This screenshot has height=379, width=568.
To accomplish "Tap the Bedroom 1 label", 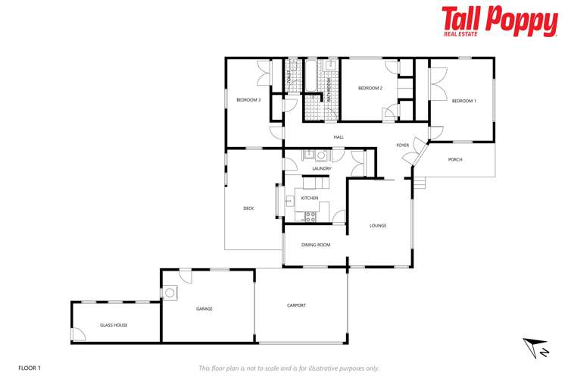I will pos(463,101).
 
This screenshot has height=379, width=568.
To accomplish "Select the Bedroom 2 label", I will pos(370,88).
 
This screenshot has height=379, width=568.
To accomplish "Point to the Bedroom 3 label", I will pos(248,100).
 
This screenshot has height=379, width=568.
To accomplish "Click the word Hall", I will pos(339,137).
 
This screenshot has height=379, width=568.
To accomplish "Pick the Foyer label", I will pos(402,145).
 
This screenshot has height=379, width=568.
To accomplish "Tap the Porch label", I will pos(455,159).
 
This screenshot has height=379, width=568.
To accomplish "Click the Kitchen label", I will pos(310,198).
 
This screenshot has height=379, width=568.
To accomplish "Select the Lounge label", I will pos(378,225).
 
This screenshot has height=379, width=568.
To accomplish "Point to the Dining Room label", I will pos(316,245).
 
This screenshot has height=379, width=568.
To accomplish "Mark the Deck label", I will pos(248,208).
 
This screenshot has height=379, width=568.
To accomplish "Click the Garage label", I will pos(204,309).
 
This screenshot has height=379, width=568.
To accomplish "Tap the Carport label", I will pos(296,305).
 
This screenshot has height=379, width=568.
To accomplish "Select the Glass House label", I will pos(114,324).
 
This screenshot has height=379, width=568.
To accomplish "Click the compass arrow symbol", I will pos(537,348).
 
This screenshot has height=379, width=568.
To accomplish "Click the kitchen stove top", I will pos(310,217).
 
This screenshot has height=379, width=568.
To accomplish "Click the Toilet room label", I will pos(289,75).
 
